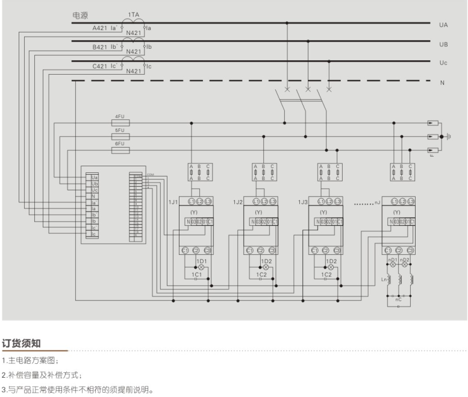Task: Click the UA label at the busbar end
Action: [443, 25]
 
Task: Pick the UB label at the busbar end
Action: [443, 45]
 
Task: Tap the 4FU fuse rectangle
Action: [121, 122]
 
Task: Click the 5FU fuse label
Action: [119, 130]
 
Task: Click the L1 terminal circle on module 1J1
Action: [192, 201]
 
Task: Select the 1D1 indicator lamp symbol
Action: [201, 267]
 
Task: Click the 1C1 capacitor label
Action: [196, 275]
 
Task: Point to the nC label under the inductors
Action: [398, 299]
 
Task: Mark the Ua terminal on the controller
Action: [95, 178]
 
